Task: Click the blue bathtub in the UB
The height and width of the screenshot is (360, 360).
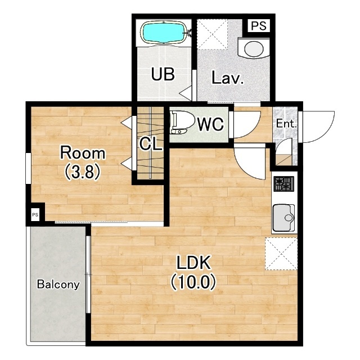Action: [x=164, y=33]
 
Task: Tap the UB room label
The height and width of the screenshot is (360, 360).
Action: [x=163, y=74]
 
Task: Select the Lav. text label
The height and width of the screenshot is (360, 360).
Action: [x=227, y=78]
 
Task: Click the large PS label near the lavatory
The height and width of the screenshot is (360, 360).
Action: [x=259, y=26]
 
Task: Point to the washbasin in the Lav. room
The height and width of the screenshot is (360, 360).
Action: [x=254, y=48]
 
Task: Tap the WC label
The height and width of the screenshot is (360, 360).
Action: [x=210, y=124]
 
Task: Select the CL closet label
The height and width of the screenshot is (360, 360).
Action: [x=151, y=144]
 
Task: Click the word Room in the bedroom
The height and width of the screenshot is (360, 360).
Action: [x=83, y=153]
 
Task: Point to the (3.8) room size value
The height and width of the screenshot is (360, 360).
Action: [x=83, y=172]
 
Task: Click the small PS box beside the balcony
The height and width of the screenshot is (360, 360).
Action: [x=35, y=215]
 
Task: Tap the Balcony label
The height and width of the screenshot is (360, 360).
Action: [x=58, y=284]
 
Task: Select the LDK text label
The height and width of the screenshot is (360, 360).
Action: [x=193, y=263]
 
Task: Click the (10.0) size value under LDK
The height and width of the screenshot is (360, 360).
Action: [x=193, y=282]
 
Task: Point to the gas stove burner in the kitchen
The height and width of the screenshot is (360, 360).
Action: [x=283, y=184]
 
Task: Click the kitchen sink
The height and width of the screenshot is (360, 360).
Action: [x=283, y=218]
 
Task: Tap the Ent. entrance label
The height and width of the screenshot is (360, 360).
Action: [x=286, y=124]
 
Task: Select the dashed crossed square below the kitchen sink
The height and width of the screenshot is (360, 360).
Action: [x=281, y=254]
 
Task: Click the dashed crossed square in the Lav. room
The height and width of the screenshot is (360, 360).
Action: [x=213, y=34]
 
